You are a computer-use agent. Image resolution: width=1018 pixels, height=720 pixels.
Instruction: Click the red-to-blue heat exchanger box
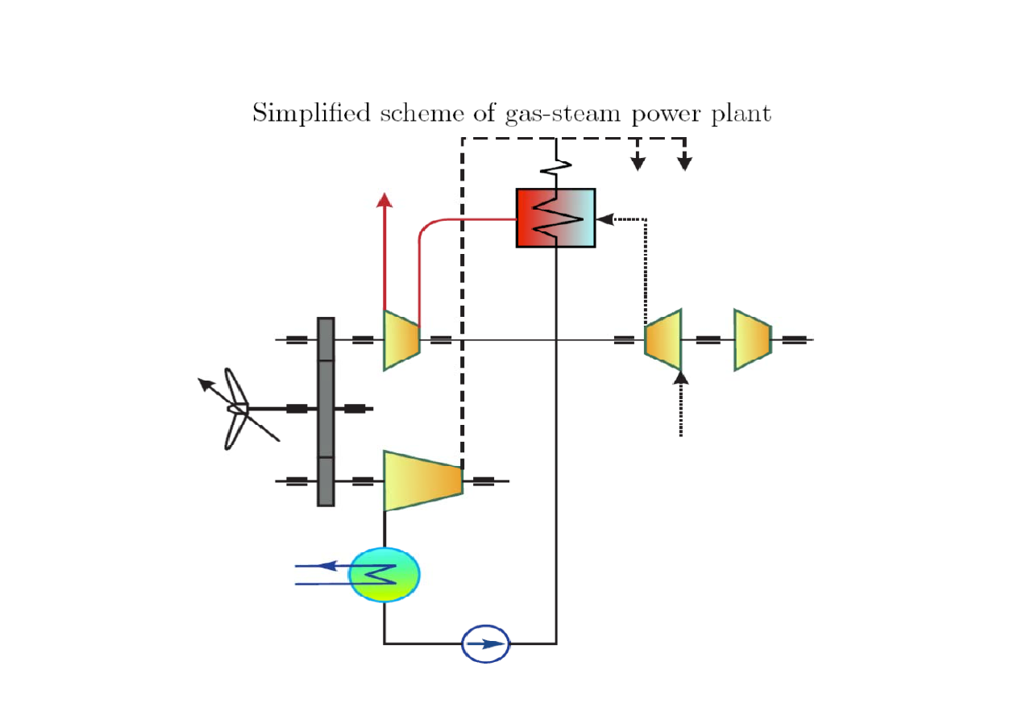tap(555, 218)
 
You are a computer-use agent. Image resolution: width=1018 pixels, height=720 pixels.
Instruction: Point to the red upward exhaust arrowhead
tap(384, 201)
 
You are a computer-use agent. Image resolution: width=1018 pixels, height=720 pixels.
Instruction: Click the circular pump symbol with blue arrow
tap(486, 644)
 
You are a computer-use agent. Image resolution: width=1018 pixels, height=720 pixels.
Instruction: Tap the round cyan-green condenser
tap(384, 574)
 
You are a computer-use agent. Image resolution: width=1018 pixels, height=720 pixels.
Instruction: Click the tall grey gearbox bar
tap(326, 411)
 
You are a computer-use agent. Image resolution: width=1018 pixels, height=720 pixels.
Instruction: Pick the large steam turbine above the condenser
tap(422, 481)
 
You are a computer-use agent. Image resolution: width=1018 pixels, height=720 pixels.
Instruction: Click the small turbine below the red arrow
tap(401, 339)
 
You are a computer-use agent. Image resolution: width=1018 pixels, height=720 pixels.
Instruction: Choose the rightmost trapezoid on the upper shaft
tap(752, 339)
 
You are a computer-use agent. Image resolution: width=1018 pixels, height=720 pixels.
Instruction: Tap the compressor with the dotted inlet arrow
tap(663, 339)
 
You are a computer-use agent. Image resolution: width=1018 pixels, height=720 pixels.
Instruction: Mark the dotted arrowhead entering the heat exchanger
tap(604, 218)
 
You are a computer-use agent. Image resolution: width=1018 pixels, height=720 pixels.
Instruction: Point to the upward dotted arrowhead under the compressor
tap(681, 377)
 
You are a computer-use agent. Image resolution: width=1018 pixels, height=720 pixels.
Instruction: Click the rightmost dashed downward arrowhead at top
tap(684, 164)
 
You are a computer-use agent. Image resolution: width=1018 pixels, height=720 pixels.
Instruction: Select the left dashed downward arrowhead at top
tap(638, 164)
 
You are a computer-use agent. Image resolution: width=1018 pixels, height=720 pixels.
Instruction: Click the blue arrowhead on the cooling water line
tap(326, 565)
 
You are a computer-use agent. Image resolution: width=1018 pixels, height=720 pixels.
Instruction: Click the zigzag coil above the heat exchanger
tap(557, 166)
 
